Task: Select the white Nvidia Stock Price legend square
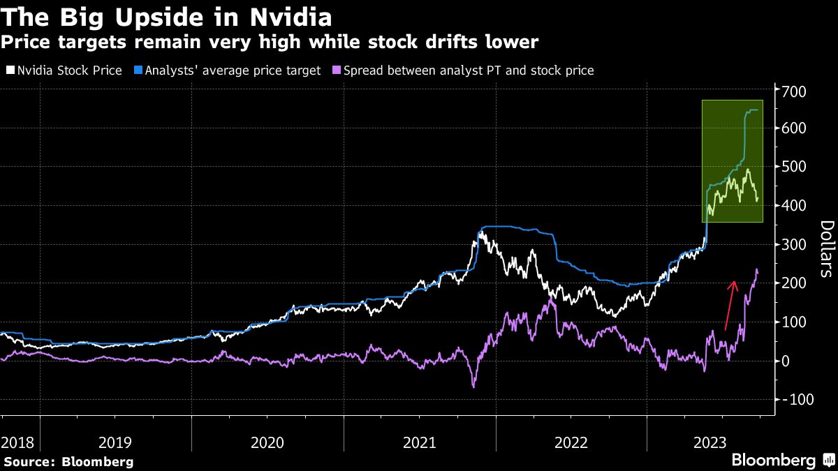point(10,70)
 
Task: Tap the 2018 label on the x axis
point(17,442)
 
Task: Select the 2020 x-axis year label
point(267,442)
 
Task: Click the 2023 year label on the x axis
point(710,442)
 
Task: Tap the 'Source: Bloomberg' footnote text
point(68,461)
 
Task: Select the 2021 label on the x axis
point(419,442)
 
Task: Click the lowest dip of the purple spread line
point(474,386)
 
